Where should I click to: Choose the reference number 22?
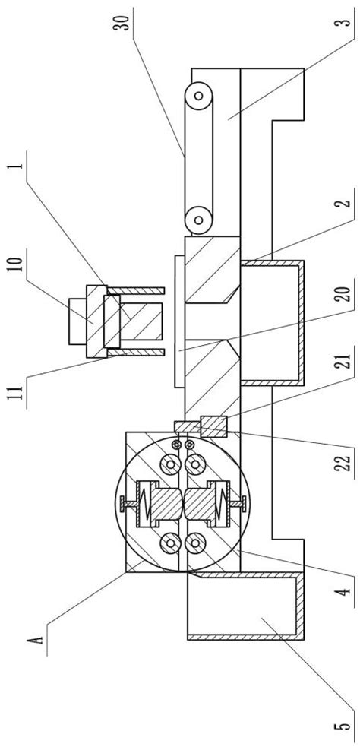[x=346, y=461]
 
